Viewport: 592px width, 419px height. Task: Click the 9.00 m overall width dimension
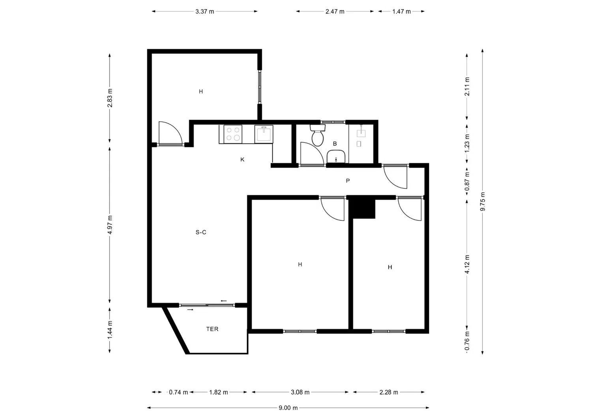[288, 408]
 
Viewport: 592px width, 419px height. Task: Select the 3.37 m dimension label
[204, 11]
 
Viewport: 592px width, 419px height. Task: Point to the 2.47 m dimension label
[335, 11]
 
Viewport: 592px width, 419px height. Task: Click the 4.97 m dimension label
[110, 225]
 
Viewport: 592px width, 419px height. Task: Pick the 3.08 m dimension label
[300, 392]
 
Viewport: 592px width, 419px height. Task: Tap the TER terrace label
[212, 329]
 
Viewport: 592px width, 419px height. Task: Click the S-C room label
[200, 232]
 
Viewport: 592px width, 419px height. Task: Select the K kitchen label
[242, 160]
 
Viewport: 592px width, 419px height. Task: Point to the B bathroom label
[335, 144]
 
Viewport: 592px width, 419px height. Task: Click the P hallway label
[348, 180]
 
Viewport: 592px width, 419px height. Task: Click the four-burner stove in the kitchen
[233, 134]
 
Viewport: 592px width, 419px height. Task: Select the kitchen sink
[264, 134]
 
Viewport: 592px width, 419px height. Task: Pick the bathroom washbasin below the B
[336, 157]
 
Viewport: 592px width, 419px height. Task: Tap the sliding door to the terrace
[207, 305]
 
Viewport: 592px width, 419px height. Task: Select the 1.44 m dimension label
[110, 329]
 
